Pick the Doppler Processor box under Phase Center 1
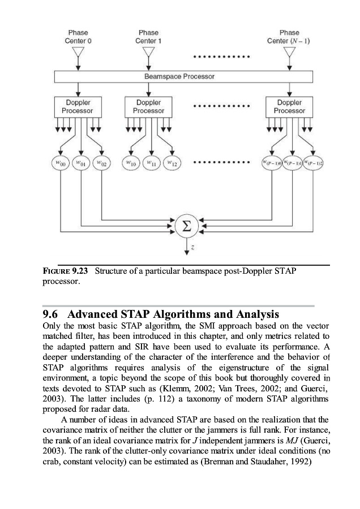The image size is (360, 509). tap(148, 106)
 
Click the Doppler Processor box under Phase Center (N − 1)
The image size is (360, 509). tap(289, 106)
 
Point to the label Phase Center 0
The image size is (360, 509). tap(78, 37)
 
